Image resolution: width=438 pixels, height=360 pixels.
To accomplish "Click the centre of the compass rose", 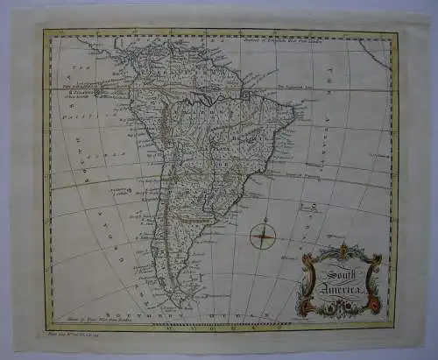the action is [264, 234].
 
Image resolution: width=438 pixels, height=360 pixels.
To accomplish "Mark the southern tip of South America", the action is [183, 303].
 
